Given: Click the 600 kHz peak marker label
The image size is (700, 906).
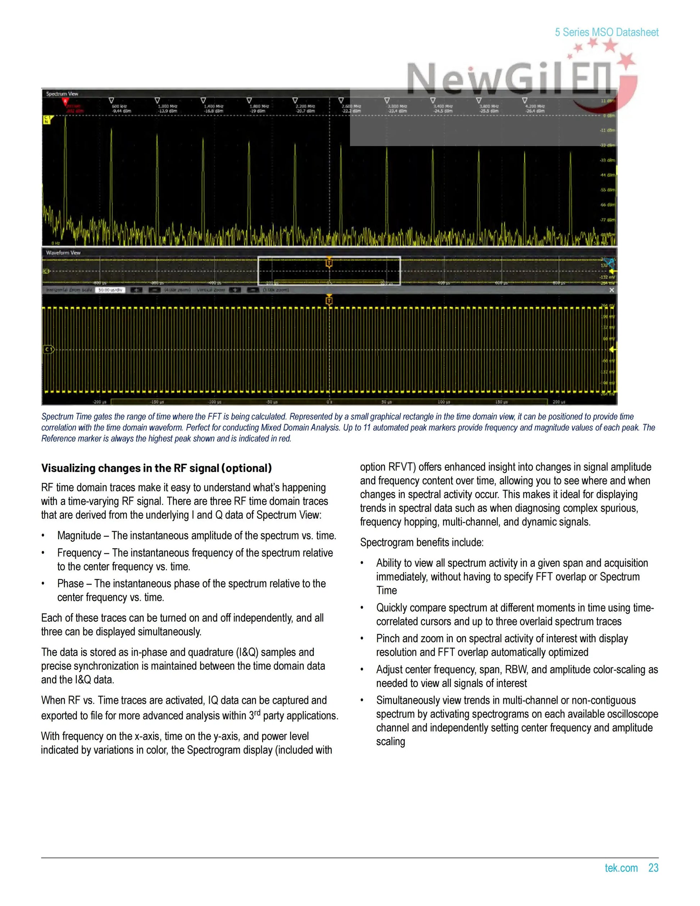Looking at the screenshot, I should pos(121,109).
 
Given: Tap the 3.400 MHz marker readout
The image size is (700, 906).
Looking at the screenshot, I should pos(443,109).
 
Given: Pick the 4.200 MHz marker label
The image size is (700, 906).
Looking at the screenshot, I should pos(535,109).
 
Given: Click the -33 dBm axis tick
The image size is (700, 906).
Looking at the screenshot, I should pos(608,160).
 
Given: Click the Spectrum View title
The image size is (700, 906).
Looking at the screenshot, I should pos(62,94).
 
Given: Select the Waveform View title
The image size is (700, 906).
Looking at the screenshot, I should pos(63,253).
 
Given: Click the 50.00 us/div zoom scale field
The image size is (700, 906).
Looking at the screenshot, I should pos(110,290).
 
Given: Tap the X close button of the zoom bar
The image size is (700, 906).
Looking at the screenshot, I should pos(611,290).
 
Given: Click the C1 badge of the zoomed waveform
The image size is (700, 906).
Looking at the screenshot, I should pos(49,349).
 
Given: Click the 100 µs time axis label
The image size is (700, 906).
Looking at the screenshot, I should pos(444,402).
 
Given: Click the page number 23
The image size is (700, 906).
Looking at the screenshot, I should pos(653,868).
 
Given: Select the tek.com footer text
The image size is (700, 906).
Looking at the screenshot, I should pos(621,868).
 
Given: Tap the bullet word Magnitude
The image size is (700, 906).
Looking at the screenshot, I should pos(79,535).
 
